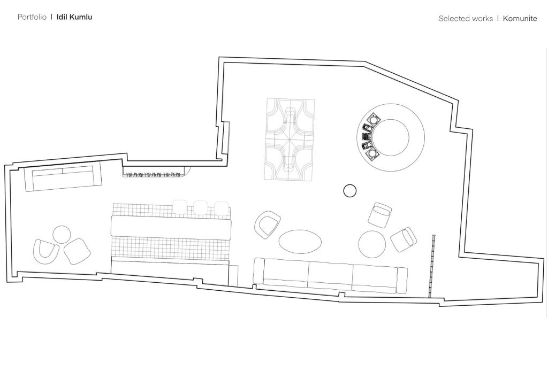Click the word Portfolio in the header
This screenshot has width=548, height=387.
[x=32, y=17]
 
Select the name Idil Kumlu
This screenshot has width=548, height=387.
[x=74, y=17]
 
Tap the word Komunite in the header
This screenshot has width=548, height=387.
[x=520, y=19]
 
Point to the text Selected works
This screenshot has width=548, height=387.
[x=466, y=19]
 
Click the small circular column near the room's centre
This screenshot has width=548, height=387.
[x=350, y=191]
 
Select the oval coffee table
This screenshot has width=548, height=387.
[x=300, y=242]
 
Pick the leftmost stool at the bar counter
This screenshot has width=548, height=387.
[x=180, y=207]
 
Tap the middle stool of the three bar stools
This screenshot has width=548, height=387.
[x=201, y=207]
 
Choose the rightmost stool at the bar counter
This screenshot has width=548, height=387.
[x=222, y=208]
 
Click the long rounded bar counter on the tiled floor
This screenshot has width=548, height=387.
[x=171, y=228]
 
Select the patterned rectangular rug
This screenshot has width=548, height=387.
[x=290, y=139]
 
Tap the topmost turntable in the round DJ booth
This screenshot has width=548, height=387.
[x=374, y=119]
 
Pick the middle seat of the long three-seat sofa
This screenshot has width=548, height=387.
[x=330, y=276]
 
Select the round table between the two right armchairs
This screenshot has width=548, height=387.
[x=372, y=244]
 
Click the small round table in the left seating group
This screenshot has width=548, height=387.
[x=62, y=235]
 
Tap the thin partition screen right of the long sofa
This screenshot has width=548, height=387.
[x=432, y=266]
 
